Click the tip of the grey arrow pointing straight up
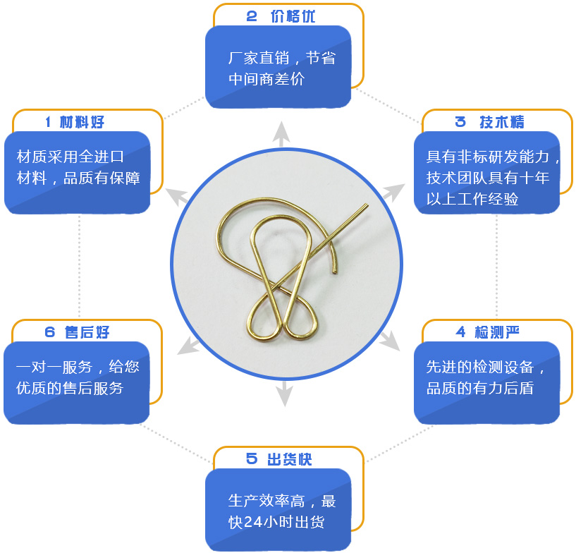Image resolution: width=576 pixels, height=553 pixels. point(281,121)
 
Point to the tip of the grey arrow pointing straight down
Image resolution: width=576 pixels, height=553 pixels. point(285,406)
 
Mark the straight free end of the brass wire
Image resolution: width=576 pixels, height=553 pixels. point(367,205)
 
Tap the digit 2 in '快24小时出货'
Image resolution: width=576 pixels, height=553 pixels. point(248,522)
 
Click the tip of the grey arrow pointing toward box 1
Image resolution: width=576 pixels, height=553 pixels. point(166,189)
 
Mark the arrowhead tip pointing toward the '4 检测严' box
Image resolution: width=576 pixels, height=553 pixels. point(399,350)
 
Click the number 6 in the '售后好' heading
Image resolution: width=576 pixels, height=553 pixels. point(49,332)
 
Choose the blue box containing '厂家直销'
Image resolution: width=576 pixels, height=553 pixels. point(278,66)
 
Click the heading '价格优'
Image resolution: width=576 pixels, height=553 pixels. point(293,16)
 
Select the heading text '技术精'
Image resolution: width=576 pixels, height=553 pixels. point(502,122)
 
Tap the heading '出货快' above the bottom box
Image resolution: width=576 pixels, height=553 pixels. point(290,460)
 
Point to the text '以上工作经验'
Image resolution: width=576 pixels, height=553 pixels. point(472,199)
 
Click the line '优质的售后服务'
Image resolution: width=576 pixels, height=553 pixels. point(70,388)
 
